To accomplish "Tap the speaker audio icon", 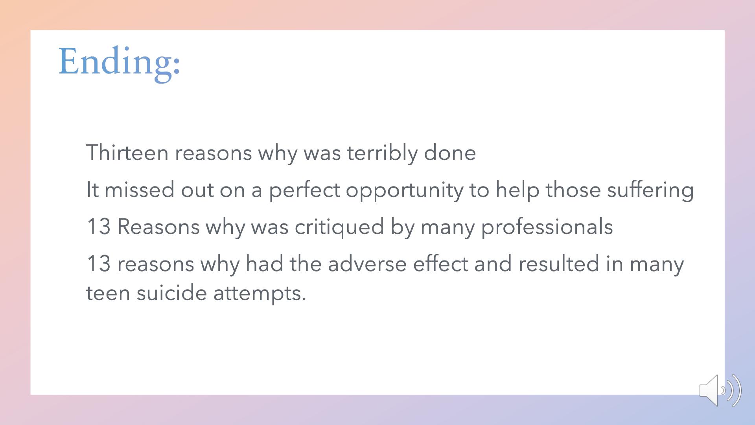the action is pos(720,390).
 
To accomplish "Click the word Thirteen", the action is pos(127,153).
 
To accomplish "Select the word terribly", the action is pos(382,153).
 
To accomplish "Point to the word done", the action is pos(450,153).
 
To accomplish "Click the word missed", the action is pos(140,190).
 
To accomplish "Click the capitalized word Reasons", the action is pos(158,227).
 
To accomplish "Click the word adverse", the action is pos(367,264).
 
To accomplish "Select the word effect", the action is pos(440,264).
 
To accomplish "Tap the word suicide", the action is pos(171,293).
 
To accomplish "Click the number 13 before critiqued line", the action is pos(98,227).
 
